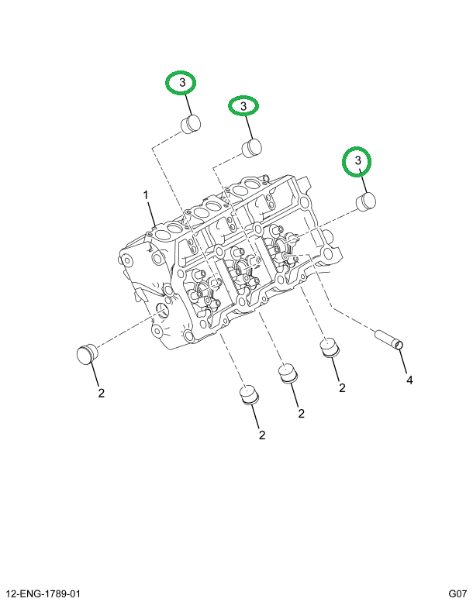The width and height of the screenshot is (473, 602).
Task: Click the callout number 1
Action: click(x=144, y=194)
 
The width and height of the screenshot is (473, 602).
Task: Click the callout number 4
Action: click(x=409, y=380)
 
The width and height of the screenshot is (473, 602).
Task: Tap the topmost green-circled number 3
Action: click(x=182, y=82)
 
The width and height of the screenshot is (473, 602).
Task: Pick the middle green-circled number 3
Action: click(x=243, y=105)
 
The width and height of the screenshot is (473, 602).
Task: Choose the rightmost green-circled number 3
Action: click(x=358, y=160)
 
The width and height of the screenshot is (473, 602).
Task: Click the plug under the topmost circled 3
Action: click(x=190, y=122)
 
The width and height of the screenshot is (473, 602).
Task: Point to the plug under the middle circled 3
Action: click(x=250, y=146)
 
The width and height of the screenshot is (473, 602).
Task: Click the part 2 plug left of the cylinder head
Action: click(x=88, y=353)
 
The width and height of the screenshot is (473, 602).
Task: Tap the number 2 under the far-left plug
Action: click(x=101, y=393)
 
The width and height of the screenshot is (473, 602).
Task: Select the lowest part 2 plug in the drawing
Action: click(x=248, y=395)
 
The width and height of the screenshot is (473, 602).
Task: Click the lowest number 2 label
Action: click(x=262, y=435)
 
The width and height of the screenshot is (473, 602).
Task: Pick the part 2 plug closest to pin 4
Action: click(x=331, y=347)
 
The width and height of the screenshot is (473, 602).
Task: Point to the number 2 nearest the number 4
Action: click(x=341, y=387)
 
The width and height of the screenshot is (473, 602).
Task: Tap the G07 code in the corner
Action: click(x=457, y=594)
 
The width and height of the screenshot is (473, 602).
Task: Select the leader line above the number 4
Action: click(x=405, y=363)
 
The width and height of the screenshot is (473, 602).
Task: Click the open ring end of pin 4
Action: click(x=399, y=344)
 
